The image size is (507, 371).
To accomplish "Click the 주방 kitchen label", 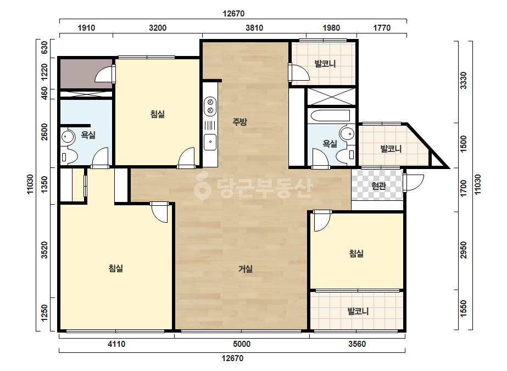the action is click(x=239, y=121).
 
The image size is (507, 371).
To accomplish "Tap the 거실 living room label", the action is click(x=246, y=268).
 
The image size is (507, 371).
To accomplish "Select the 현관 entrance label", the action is click(x=378, y=186).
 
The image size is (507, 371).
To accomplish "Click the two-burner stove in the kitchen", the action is click(x=210, y=106).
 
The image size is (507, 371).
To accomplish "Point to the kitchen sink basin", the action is click(x=210, y=142).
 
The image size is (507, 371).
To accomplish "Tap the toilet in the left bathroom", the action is click(x=69, y=158).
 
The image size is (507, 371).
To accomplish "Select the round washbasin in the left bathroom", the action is click(x=68, y=137).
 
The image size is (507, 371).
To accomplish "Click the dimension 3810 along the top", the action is click(x=254, y=28).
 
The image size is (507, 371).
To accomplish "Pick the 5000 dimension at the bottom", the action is click(x=242, y=344).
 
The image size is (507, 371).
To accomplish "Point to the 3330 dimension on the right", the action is click(x=464, y=81).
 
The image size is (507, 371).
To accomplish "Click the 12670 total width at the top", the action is click(x=233, y=14).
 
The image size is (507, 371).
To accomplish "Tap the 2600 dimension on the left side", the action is click(x=44, y=132).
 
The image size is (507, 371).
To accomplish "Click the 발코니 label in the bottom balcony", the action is click(x=358, y=311).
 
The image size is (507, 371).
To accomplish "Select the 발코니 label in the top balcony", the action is click(x=325, y=63).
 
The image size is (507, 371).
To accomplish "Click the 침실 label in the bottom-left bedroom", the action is click(x=116, y=268).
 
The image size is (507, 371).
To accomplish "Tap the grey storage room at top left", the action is click(x=86, y=74).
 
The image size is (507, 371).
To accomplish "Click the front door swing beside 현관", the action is click(x=414, y=183).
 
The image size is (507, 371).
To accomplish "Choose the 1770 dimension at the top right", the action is click(x=382, y=28).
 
